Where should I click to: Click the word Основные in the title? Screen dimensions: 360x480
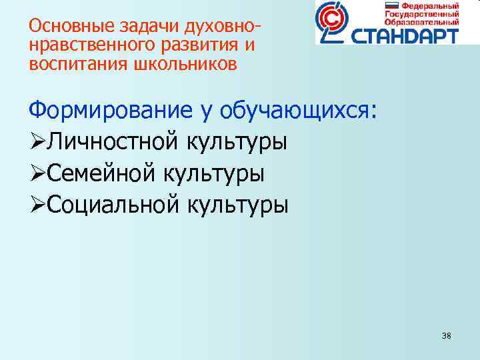point(62,27)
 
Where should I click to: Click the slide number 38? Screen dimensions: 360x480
point(446,335)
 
